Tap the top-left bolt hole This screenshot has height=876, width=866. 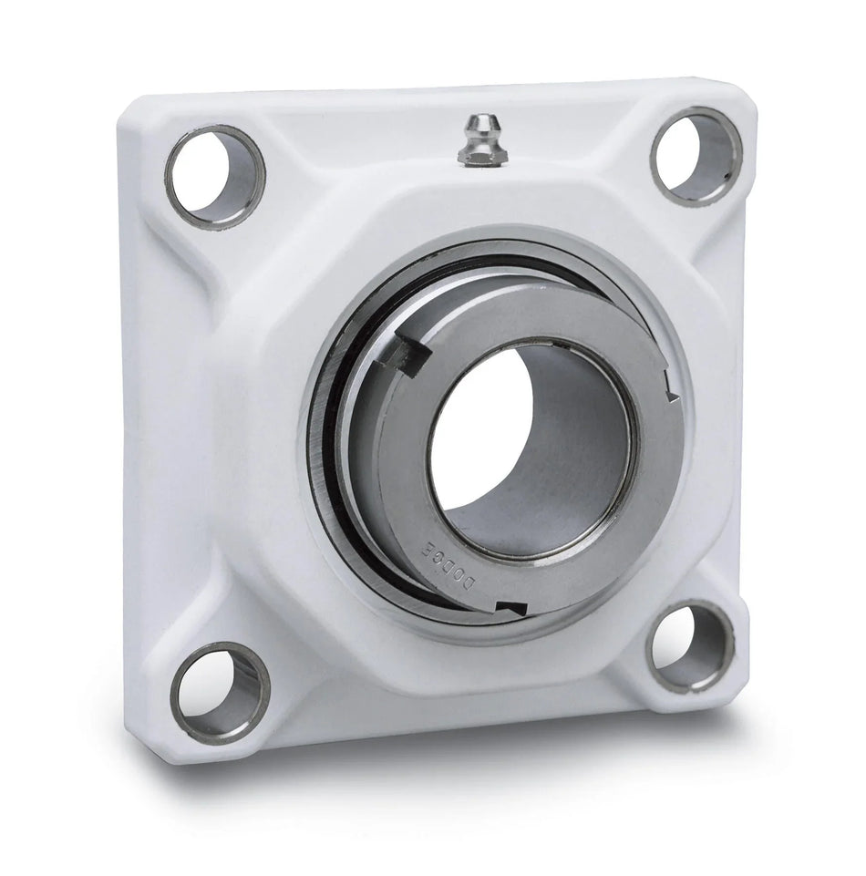click(x=214, y=176)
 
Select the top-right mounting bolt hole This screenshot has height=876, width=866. click(x=696, y=156)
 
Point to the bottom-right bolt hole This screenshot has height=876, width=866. click(x=689, y=646)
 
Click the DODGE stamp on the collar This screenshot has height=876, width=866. click(x=448, y=565)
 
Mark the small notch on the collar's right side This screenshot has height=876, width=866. click(x=672, y=386)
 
